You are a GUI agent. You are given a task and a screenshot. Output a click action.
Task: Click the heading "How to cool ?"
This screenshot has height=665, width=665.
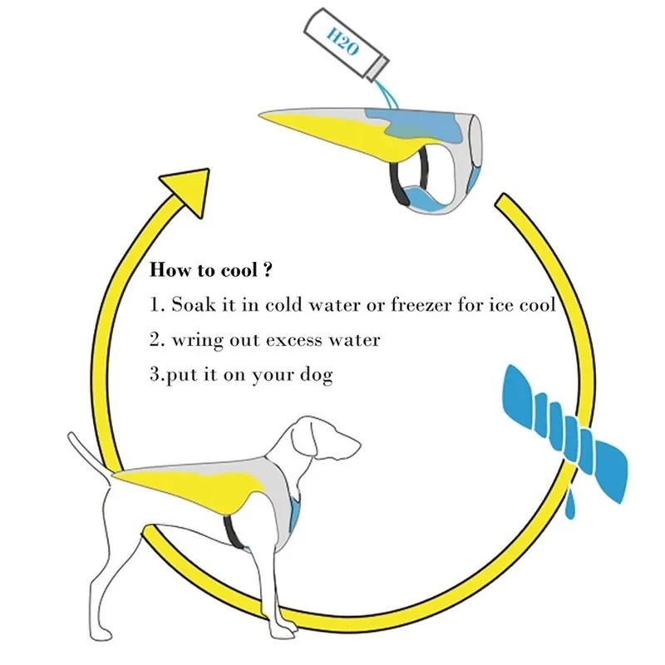[212, 271]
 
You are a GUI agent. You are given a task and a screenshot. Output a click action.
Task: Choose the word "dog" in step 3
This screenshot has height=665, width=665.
[315, 376]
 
